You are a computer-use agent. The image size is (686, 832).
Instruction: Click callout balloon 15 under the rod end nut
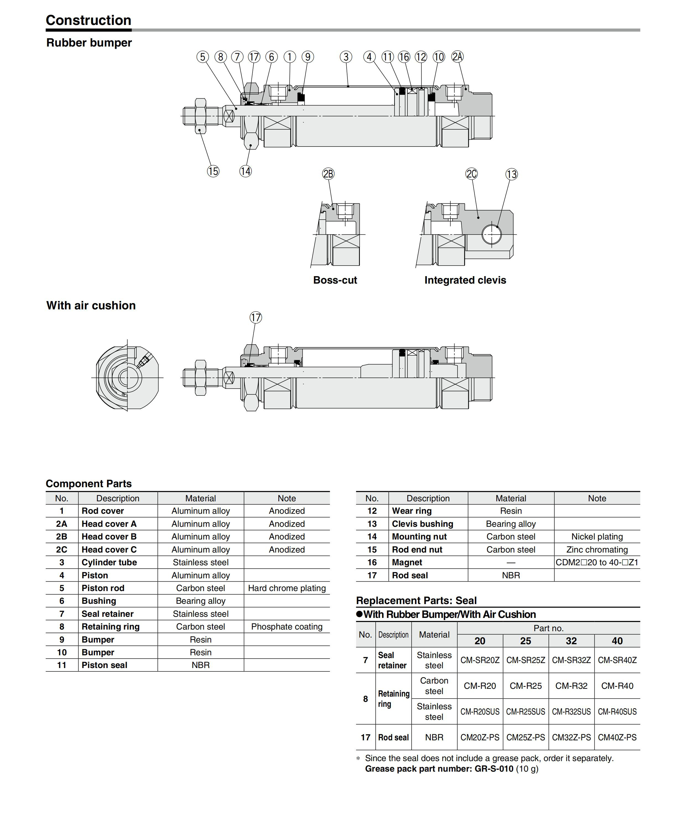tap(213, 171)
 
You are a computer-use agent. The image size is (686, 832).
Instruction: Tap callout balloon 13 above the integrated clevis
tap(511, 174)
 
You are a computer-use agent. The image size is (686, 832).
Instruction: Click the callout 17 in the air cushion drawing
tap(256, 317)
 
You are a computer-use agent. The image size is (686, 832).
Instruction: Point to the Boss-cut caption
tap(335, 280)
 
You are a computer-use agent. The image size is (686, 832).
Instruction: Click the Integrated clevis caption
tap(465, 280)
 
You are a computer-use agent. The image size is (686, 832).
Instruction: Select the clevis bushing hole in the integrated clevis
tap(492, 234)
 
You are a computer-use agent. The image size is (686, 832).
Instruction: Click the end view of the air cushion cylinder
tap(127, 378)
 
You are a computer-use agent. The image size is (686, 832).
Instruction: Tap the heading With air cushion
tap(91, 305)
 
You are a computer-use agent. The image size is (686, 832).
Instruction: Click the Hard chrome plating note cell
tap(287, 588)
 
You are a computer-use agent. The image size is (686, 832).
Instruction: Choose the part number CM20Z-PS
tap(480, 737)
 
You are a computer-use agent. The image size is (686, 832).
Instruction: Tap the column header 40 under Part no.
tap(617, 641)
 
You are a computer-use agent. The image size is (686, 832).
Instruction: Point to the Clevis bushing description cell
tap(422, 524)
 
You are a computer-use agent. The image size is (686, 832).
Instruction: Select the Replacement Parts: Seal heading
tap(416, 600)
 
